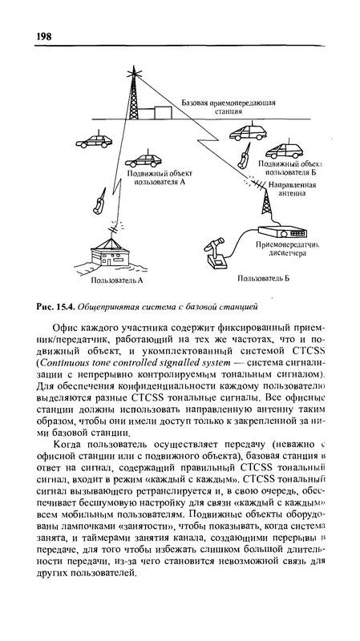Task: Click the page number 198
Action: (x=44, y=36)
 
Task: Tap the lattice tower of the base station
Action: (x=134, y=95)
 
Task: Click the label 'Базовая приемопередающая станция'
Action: (x=229, y=107)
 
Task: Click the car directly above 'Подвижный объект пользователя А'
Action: (x=144, y=159)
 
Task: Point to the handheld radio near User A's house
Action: (x=99, y=202)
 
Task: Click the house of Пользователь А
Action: (x=110, y=253)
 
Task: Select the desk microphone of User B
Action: (x=215, y=253)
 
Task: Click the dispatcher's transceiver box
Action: (x=282, y=232)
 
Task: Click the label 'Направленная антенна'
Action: (x=292, y=189)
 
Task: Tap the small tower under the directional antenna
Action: (x=266, y=202)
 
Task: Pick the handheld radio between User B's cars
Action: (x=245, y=156)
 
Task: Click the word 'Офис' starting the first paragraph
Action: (x=63, y=328)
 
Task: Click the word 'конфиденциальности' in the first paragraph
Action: (x=157, y=386)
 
